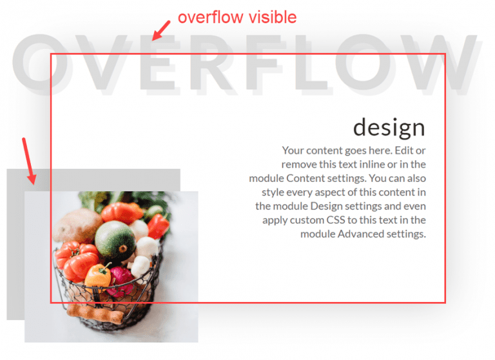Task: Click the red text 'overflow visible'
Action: pyautogui.click(x=237, y=17)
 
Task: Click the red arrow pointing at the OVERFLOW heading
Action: pyautogui.click(x=160, y=30)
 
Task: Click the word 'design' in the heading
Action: pyautogui.click(x=389, y=126)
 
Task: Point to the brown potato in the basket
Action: pyautogui.click(x=77, y=224)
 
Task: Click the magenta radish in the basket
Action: pyautogui.click(x=121, y=278)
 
